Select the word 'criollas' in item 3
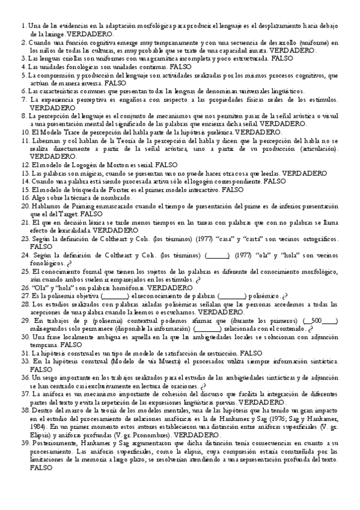[x=67, y=60]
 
